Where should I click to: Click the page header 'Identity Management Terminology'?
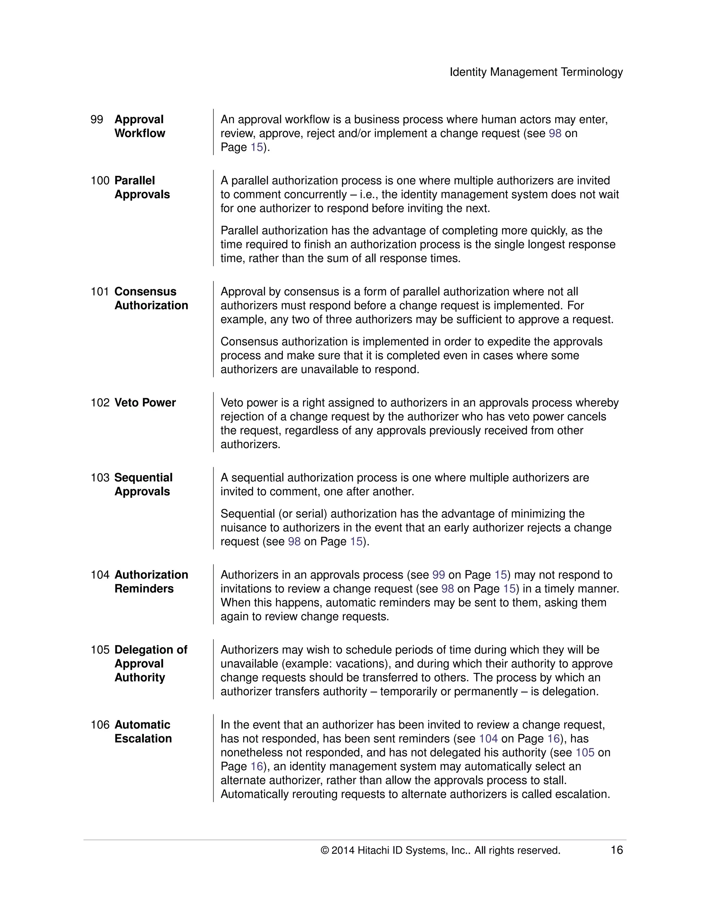[536, 72]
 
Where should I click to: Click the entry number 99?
[97, 120]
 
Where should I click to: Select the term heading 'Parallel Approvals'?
[142, 187]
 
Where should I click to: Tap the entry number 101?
[100, 292]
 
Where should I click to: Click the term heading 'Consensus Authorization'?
[151, 298]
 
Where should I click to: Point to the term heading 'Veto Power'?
[145, 403]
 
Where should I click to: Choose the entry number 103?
[100, 478]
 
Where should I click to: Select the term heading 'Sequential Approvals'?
[144, 484]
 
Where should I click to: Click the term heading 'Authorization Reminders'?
[151, 582]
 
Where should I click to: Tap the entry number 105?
[100, 650]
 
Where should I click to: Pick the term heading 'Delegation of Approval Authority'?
[150, 663]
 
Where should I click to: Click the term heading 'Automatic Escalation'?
[143, 731]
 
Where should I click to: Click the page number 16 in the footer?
[616, 850]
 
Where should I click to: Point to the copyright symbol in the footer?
[324, 851]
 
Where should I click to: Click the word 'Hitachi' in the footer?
[373, 850]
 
